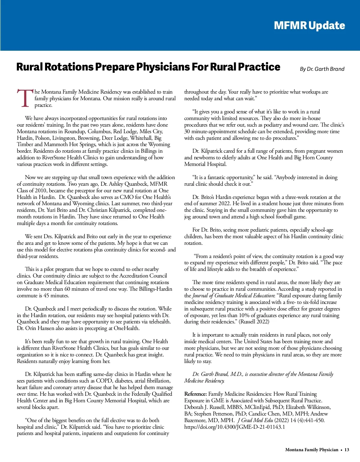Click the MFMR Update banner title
click(x=309, y=25)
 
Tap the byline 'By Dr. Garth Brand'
click(x=322, y=69)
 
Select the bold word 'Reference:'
click(x=195, y=394)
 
